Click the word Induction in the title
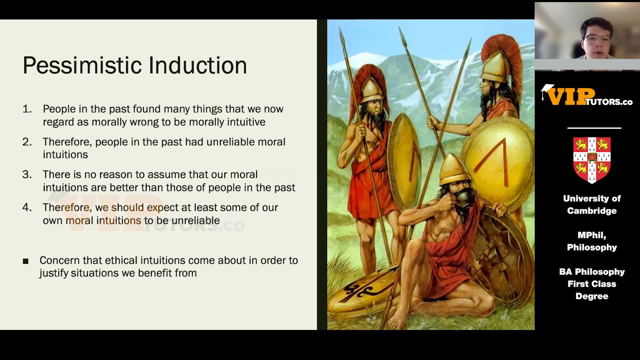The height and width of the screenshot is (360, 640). pyautogui.click(x=198, y=65)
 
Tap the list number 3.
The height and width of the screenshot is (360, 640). pyautogui.click(x=27, y=174)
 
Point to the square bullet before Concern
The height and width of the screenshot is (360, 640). pyautogui.click(x=26, y=261)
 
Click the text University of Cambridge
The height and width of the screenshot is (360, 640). pyautogui.click(x=592, y=205)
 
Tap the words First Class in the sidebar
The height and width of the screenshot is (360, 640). pyautogui.click(x=592, y=284)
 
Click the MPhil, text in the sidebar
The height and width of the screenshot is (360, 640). pyautogui.click(x=592, y=235)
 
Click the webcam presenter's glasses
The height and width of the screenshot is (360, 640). pyautogui.click(x=598, y=38)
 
